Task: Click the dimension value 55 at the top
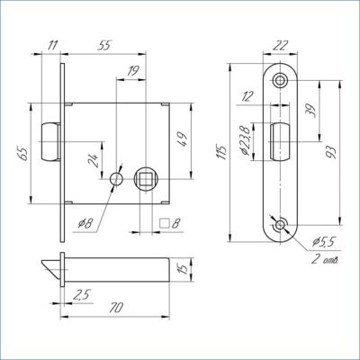104,46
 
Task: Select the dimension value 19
132,71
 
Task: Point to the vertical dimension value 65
24,153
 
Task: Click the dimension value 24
93,160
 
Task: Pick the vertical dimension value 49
183,139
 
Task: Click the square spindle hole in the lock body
146,179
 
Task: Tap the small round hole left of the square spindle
116,179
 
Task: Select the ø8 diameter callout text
85,223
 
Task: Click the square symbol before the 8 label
165,223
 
